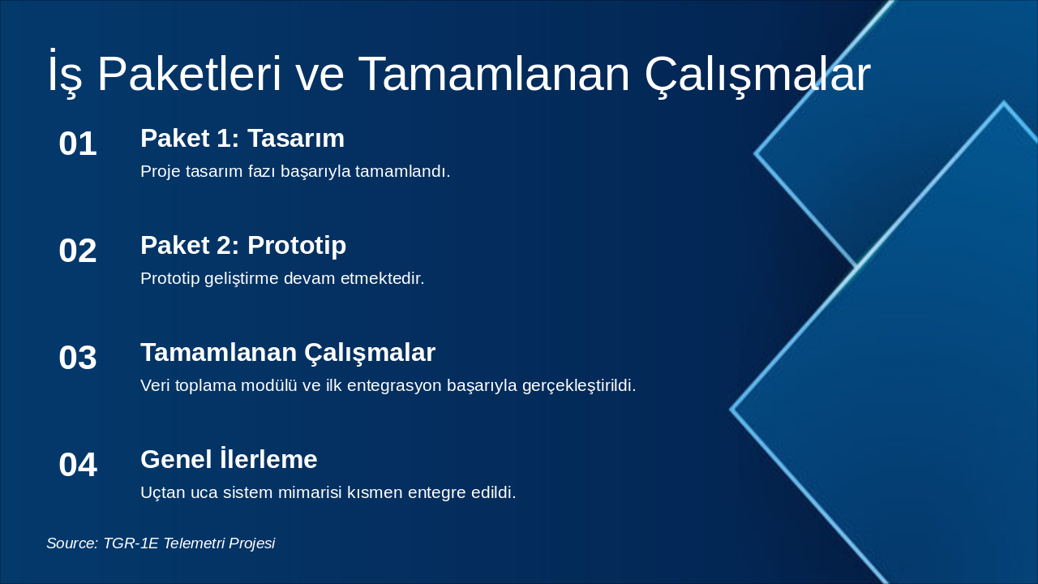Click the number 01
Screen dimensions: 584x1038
pyautogui.click(x=78, y=144)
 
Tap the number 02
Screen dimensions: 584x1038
pyautogui.click(x=78, y=251)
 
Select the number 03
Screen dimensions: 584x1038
pyautogui.click(x=78, y=359)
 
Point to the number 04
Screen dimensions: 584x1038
pyautogui.click(x=78, y=466)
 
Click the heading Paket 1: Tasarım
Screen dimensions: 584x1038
pyautogui.click(x=242, y=139)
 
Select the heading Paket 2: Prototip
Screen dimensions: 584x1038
pyautogui.click(x=243, y=246)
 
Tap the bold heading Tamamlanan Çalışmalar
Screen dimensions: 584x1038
pyautogui.click(x=288, y=353)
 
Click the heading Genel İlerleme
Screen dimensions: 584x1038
pyautogui.click(x=229, y=460)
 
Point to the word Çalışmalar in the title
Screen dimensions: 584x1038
pyautogui.click(x=757, y=75)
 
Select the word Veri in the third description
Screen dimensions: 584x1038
pyautogui.click(x=156, y=386)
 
